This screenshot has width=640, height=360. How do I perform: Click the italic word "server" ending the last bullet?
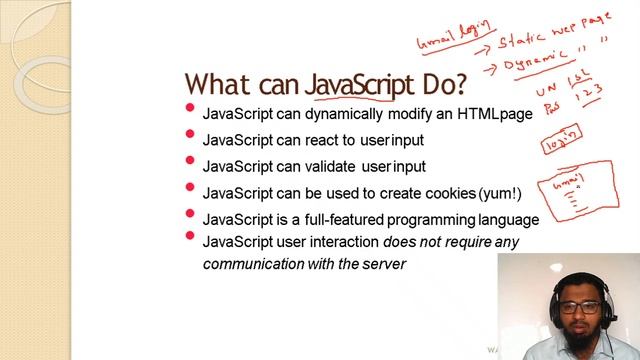[x=385, y=264]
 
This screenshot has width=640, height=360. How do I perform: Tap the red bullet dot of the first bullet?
[x=190, y=109]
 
